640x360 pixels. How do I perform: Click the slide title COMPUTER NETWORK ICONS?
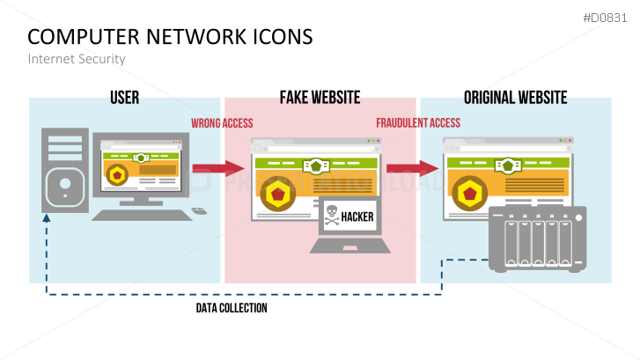tap(170, 37)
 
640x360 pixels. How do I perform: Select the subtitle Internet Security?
tap(77, 59)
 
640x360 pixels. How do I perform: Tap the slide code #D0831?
tap(607, 17)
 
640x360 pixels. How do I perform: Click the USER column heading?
tap(124, 97)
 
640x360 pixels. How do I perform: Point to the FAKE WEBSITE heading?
tap(320, 97)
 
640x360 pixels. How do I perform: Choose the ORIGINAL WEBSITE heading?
tap(515, 97)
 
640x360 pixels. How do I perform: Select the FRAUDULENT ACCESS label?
tap(418, 123)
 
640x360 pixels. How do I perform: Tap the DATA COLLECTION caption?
tap(232, 308)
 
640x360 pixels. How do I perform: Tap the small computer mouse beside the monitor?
tap(199, 210)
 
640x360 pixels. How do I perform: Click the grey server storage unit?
tap(538, 240)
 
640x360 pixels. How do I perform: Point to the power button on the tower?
tap(66, 186)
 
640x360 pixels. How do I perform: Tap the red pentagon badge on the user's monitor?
tap(117, 176)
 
